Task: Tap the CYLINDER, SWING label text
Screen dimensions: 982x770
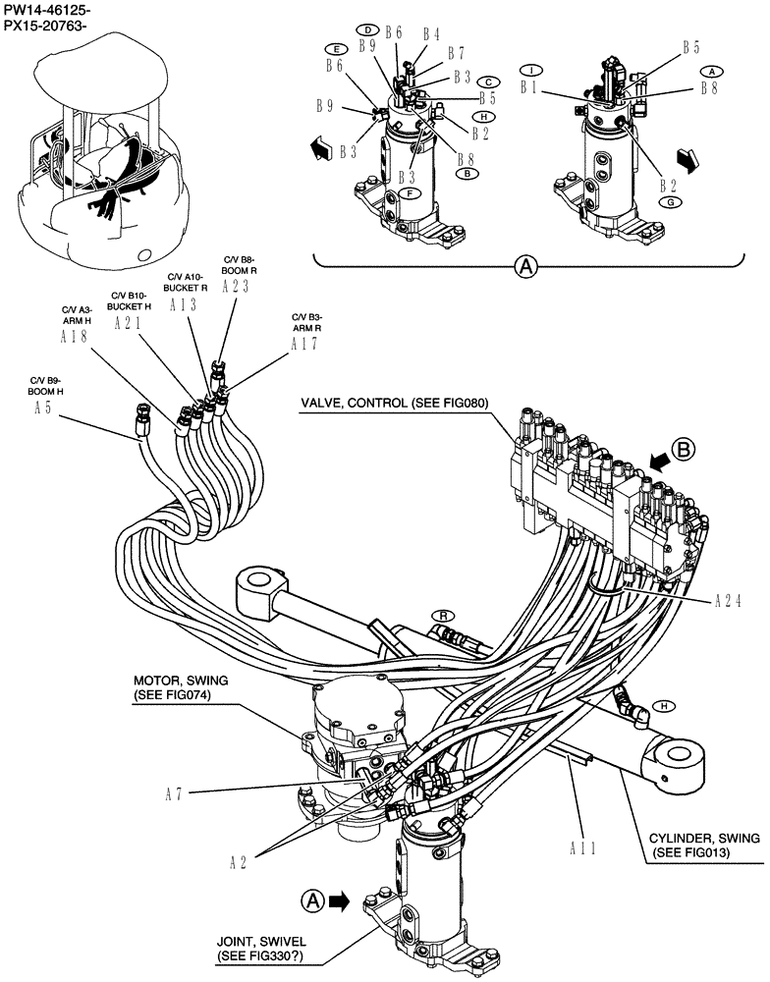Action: coord(703,846)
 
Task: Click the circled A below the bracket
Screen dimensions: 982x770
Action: coord(527,266)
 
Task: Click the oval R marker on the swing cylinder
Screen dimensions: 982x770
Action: coord(444,616)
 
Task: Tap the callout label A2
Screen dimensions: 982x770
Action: coord(238,862)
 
